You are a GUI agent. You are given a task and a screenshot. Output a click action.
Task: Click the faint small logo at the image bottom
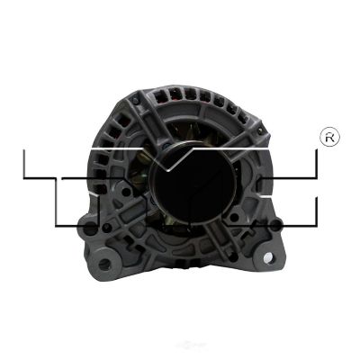180,354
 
